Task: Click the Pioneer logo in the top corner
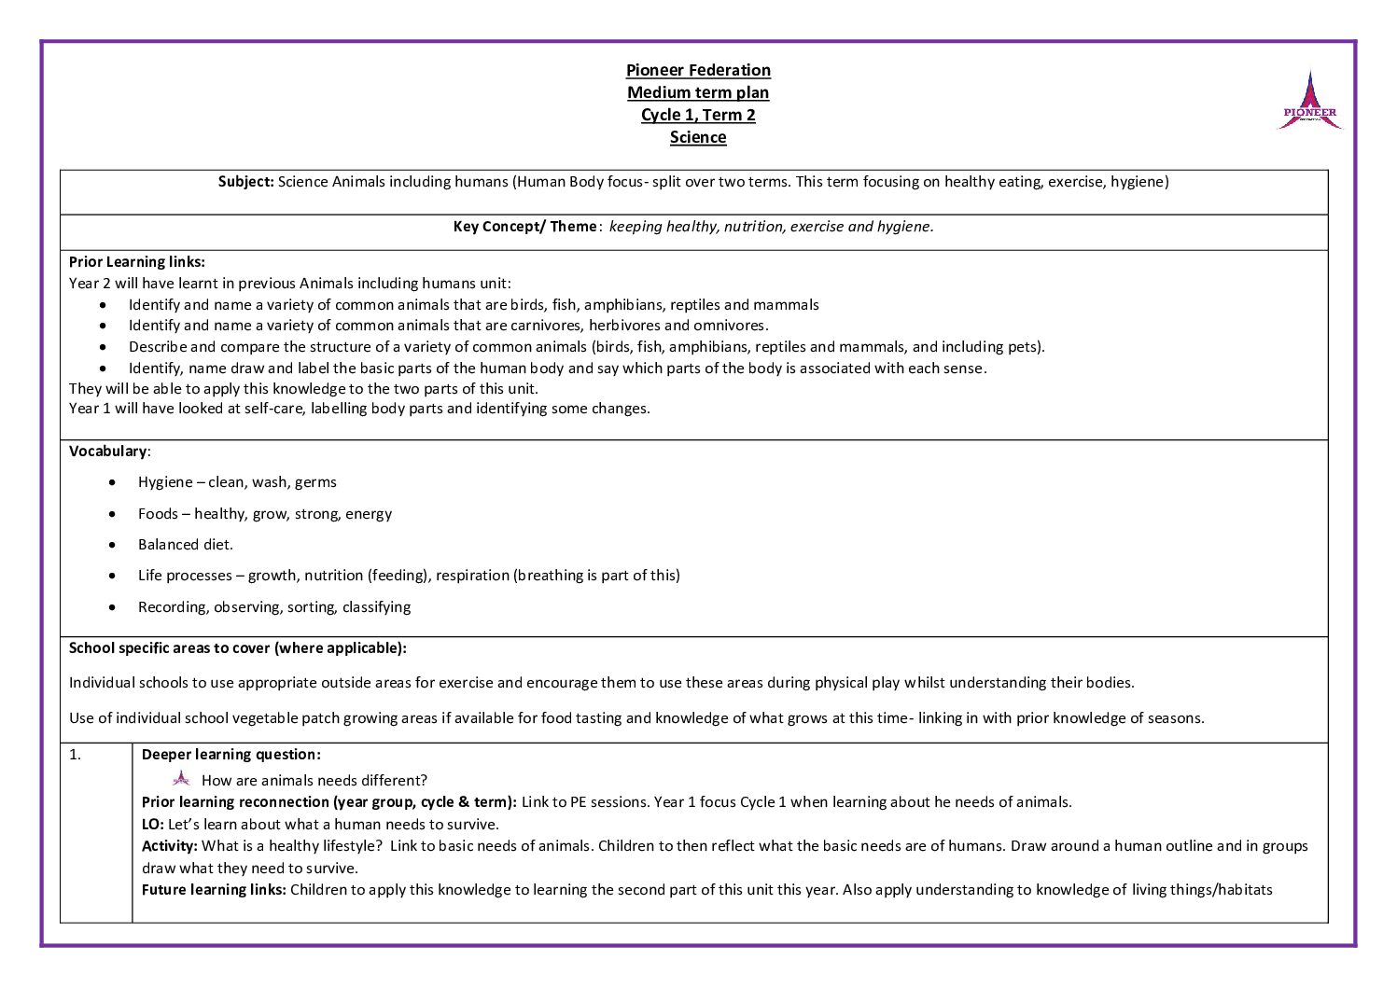[1309, 101]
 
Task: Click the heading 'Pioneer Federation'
[698, 70]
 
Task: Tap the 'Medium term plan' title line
[698, 92]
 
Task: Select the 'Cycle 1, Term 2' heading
[698, 115]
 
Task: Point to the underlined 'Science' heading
[698, 137]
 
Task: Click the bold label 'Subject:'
[246, 182]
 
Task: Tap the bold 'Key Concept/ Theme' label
[525, 227]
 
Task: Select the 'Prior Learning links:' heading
[137, 262]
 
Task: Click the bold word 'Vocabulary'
[108, 452]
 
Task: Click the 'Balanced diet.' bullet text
[186, 545]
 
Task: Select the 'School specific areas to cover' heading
[237, 648]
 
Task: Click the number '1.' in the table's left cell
[76, 755]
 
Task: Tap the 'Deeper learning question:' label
[231, 755]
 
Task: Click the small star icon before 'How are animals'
[181, 779]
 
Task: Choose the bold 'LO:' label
[153, 825]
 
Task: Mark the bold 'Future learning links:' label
[214, 890]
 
